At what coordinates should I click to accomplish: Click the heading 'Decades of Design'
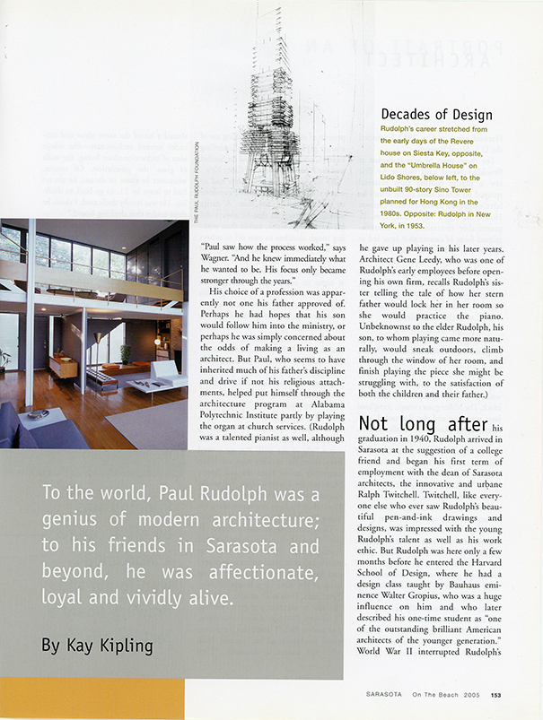click(436, 115)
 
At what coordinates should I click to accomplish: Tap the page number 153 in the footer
click(495, 692)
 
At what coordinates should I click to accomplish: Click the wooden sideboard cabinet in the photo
click(62, 365)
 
